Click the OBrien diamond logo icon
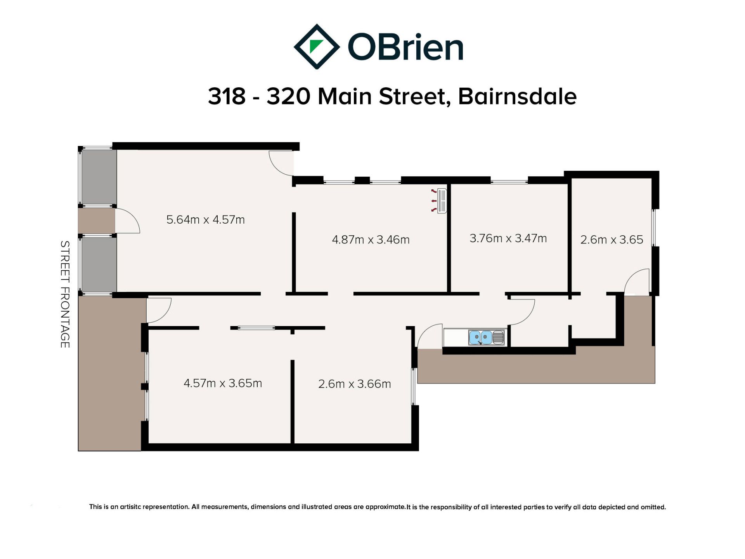tap(317, 47)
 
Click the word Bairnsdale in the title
tap(517, 96)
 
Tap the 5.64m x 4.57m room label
tap(205, 220)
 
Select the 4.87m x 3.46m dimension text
tap(371, 240)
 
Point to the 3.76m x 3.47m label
tap(508, 238)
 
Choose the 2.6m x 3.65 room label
tap(612, 240)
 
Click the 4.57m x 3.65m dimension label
tap(223, 383)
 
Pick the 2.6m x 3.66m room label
tap(354, 384)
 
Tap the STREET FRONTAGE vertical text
tap(65, 294)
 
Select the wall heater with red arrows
tap(440, 201)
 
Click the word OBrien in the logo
tap(405, 47)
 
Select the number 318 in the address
tap(227, 96)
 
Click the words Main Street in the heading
tap(384, 96)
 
